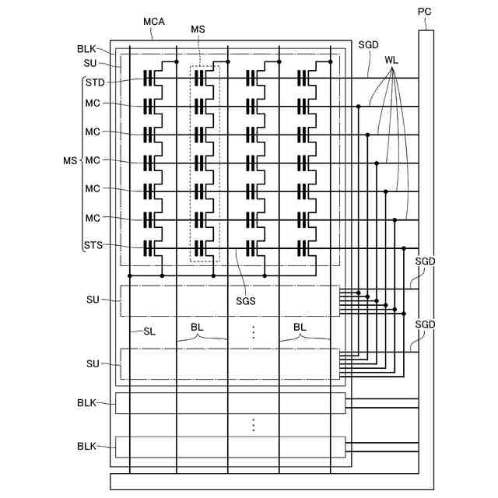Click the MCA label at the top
pyautogui.click(x=154, y=21)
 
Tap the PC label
pyautogui.click(x=424, y=12)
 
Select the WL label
pyautogui.click(x=391, y=59)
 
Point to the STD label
pyautogui.click(x=95, y=82)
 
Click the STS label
pyautogui.click(x=93, y=245)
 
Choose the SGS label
pyautogui.click(x=246, y=301)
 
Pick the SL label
pyautogui.click(x=149, y=331)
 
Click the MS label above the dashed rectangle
pyautogui.click(x=198, y=29)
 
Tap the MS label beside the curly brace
pyautogui.click(x=70, y=160)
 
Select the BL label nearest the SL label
pyautogui.click(x=199, y=328)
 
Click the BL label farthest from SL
pyautogui.click(x=300, y=328)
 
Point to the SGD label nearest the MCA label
pyautogui.click(x=368, y=45)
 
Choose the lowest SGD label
pyautogui.click(x=425, y=324)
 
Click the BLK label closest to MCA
pyautogui.click(x=86, y=48)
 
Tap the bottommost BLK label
pyautogui.click(x=86, y=447)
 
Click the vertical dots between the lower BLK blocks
pyautogui.click(x=253, y=425)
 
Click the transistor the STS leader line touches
pyautogui.click(x=150, y=248)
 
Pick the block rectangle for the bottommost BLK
pyautogui.click(x=230, y=447)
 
